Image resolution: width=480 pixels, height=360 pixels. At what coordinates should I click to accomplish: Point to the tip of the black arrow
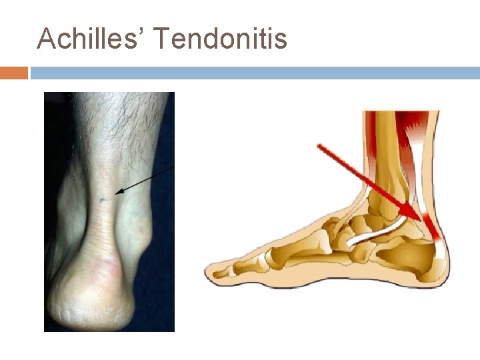click(115, 194)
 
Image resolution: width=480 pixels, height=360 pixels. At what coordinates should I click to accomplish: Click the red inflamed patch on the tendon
click(432, 227)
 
